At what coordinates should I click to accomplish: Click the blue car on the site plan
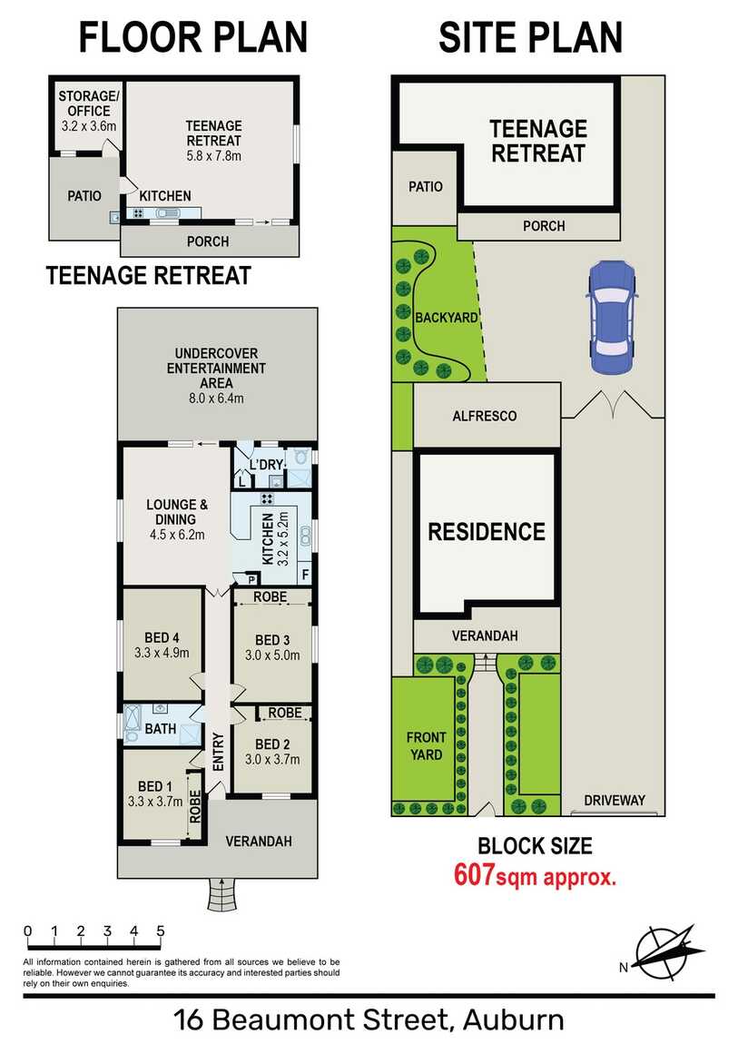click(612, 318)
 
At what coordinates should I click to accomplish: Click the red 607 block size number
click(474, 874)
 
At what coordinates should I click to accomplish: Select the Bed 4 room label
click(162, 638)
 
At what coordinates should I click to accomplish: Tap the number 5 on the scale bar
click(161, 931)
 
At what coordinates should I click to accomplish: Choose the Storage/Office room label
click(89, 103)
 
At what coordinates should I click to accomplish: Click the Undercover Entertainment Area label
click(216, 369)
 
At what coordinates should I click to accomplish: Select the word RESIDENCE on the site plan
click(487, 531)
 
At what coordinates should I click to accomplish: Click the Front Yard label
click(426, 745)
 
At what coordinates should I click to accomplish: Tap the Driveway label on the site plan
click(615, 801)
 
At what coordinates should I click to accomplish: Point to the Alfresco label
click(485, 416)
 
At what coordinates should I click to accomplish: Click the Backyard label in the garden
click(447, 318)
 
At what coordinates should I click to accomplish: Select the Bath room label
click(161, 729)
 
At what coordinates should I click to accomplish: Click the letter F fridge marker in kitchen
click(305, 574)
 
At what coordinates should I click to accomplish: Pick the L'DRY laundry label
click(267, 464)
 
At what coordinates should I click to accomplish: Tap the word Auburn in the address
click(513, 1020)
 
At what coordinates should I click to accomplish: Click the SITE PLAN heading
click(530, 37)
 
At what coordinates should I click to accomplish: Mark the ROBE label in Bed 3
click(271, 597)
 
